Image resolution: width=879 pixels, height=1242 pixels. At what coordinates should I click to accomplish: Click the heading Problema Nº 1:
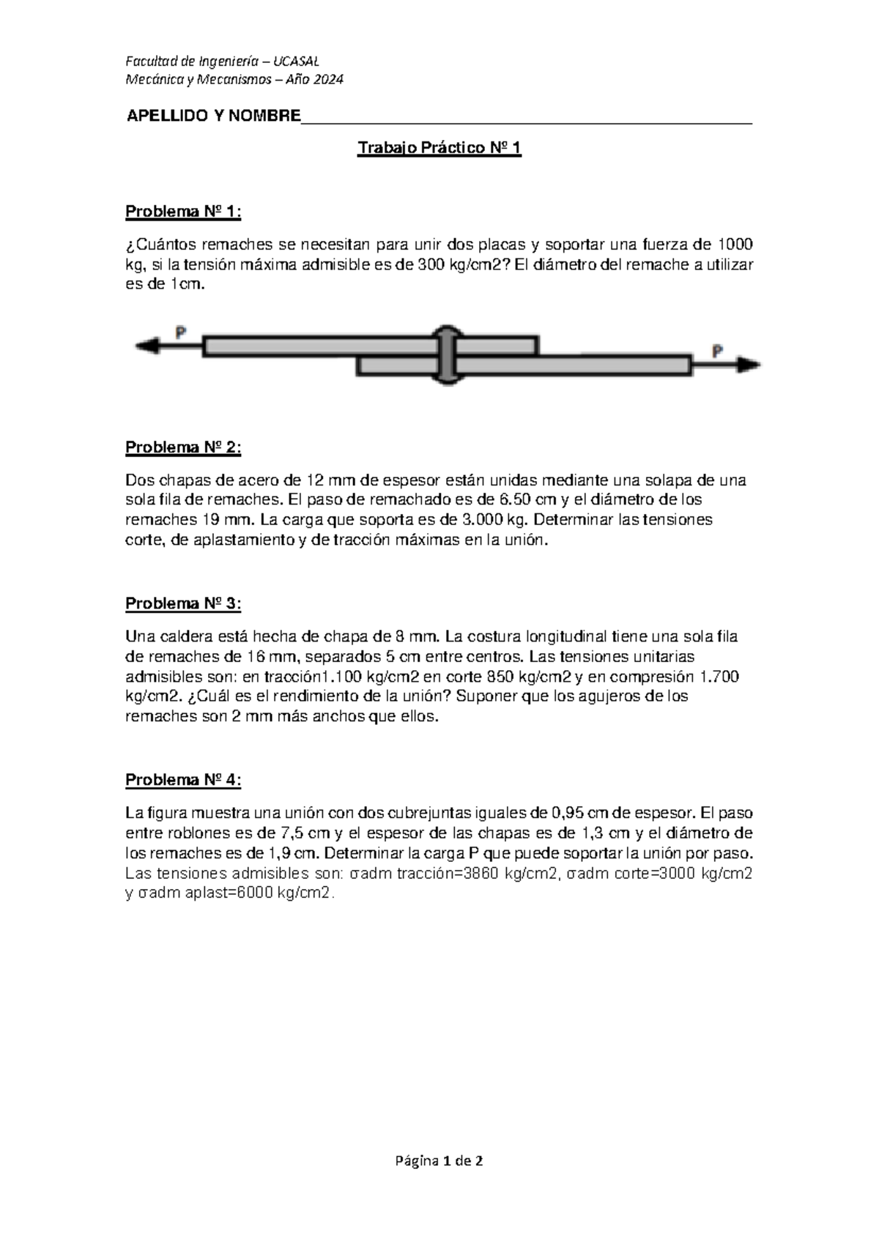point(183,212)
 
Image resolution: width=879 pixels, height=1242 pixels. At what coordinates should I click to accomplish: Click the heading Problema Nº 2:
point(183,447)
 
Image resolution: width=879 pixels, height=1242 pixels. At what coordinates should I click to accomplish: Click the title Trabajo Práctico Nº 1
point(439,149)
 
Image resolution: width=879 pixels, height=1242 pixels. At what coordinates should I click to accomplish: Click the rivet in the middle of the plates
point(446,354)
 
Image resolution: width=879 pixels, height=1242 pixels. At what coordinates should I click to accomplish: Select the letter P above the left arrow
point(180,332)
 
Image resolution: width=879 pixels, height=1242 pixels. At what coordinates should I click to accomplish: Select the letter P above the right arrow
point(719,351)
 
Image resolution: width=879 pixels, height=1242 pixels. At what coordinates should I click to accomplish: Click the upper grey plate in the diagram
point(322,346)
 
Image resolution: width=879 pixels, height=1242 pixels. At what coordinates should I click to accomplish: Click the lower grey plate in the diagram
point(571,365)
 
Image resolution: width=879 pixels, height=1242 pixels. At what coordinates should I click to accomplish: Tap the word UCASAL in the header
point(296,61)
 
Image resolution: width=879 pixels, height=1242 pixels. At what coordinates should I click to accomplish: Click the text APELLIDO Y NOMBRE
point(214,116)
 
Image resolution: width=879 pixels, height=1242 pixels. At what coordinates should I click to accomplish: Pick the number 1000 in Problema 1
point(733,245)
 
